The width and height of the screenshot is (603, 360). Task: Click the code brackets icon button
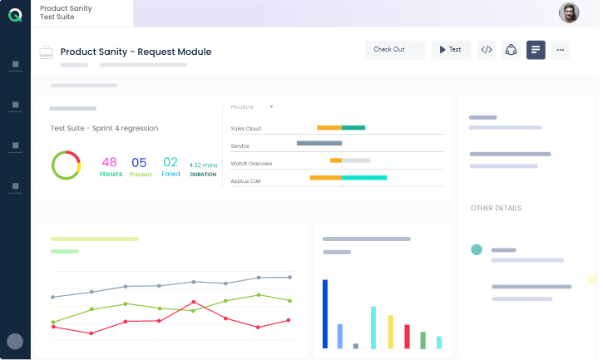[x=487, y=50]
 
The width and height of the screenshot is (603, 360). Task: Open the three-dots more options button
[x=561, y=50]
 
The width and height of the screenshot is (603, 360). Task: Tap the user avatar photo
[x=569, y=12]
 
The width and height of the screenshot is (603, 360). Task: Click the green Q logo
[x=15, y=14]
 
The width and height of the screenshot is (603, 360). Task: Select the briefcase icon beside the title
[x=47, y=52]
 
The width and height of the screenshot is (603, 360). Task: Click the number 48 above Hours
[x=109, y=162]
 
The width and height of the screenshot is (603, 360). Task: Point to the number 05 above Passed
[x=139, y=162]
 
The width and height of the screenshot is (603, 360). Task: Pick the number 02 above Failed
[x=171, y=162]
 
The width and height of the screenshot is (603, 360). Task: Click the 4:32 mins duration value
[x=203, y=165]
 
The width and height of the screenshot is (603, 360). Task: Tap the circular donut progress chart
[x=66, y=165]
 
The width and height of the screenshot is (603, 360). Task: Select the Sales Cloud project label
[x=245, y=128]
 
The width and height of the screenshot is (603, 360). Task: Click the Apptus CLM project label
[x=245, y=180]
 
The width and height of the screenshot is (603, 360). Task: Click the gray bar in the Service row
[x=319, y=144]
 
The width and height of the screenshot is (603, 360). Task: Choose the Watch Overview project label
[x=251, y=163]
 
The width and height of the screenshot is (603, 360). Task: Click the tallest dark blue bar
[x=325, y=313]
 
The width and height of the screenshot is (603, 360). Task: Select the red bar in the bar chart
[x=407, y=336]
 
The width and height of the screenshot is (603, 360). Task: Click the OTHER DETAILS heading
[x=496, y=208]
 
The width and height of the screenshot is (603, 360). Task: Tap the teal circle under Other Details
[x=477, y=249]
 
